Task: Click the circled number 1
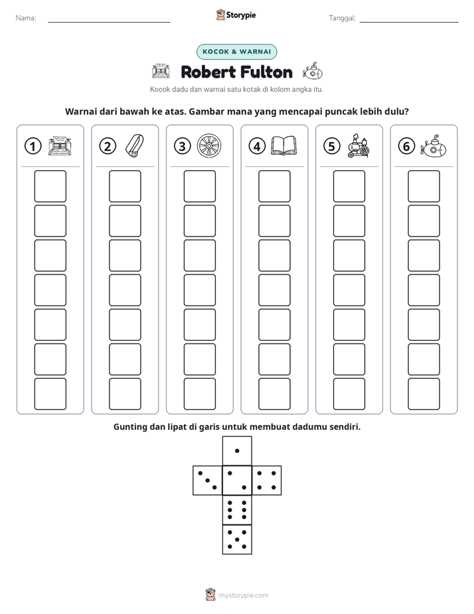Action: pyautogui.click(x=33, y=146)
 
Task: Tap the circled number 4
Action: pyautogui.click(x=257, y=146)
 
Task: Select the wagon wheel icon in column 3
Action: pyautogui.click(x=209, y=146)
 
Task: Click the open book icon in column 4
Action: pyautogui.click(x=284, y=146)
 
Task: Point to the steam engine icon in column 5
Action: pyautogui.click(x=358, y=146)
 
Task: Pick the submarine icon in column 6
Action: pyautogui.click(x=434, y=146)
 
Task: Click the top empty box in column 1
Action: pyautogui.click(x=50, y=186)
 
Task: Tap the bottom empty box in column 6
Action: pyautogui.click(x=424, y=394)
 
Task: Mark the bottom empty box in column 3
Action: pyautogui.click(x=200, y=394)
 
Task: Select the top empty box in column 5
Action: pyautogui.click(x=349, y=186)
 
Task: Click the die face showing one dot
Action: pyautogui.click(x=237, y=451)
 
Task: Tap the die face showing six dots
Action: pyautogui.click(x=237, y=510)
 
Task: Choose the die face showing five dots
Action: pyautogui.click(x=237, y=540)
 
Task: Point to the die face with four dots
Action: pyautogui.click(x=267, y=480)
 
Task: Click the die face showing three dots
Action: pyautogui.click(x=208, y=480)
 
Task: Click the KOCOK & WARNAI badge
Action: pyautogui.click(x=236, y=52)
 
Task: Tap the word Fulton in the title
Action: pyautogui.click(x=266, y=72)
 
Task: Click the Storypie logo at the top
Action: pyautogui.click(x=236, y=15)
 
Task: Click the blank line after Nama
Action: pyautogui.click(x=109, y=22)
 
